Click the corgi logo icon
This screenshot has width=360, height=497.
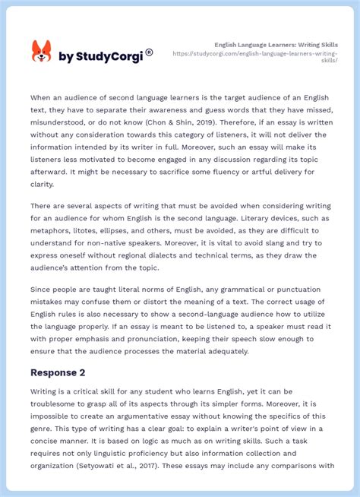[x=41, y=51]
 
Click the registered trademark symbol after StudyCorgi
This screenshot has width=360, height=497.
[x=149, y=52]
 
